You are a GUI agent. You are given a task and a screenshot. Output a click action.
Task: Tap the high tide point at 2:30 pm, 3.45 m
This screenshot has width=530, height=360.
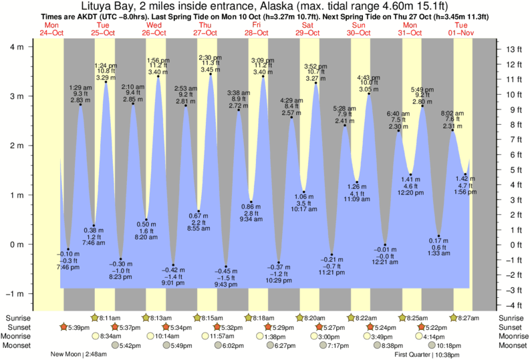tap(211, 74)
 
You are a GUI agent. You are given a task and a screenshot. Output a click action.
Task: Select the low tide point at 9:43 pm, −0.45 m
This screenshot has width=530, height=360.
tap(226, 266)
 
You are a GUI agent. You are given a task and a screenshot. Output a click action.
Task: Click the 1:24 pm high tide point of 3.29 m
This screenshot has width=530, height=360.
tap(106, 82)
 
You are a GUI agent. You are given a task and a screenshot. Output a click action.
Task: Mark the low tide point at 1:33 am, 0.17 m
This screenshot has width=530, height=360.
tap(439, 236)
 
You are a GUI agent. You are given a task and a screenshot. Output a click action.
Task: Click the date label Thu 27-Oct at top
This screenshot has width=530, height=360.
tap(205, 29)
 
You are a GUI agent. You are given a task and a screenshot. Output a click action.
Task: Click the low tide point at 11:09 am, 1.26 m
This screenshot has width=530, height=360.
tap(358, 182)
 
